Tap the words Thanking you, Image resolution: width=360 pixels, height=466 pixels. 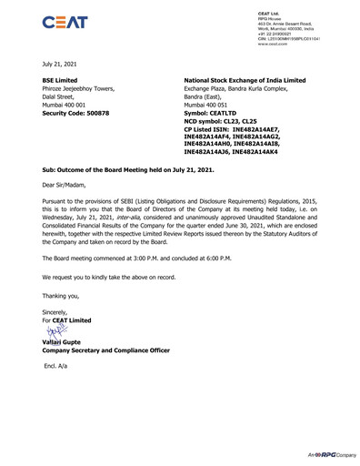(65, 295)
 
